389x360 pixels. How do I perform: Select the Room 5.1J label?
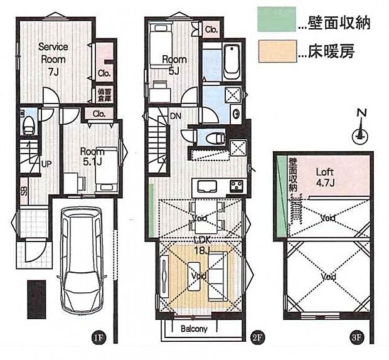(91, 156)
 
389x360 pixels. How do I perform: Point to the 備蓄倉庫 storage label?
(104, 94)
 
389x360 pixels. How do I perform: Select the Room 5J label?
(172, 64)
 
